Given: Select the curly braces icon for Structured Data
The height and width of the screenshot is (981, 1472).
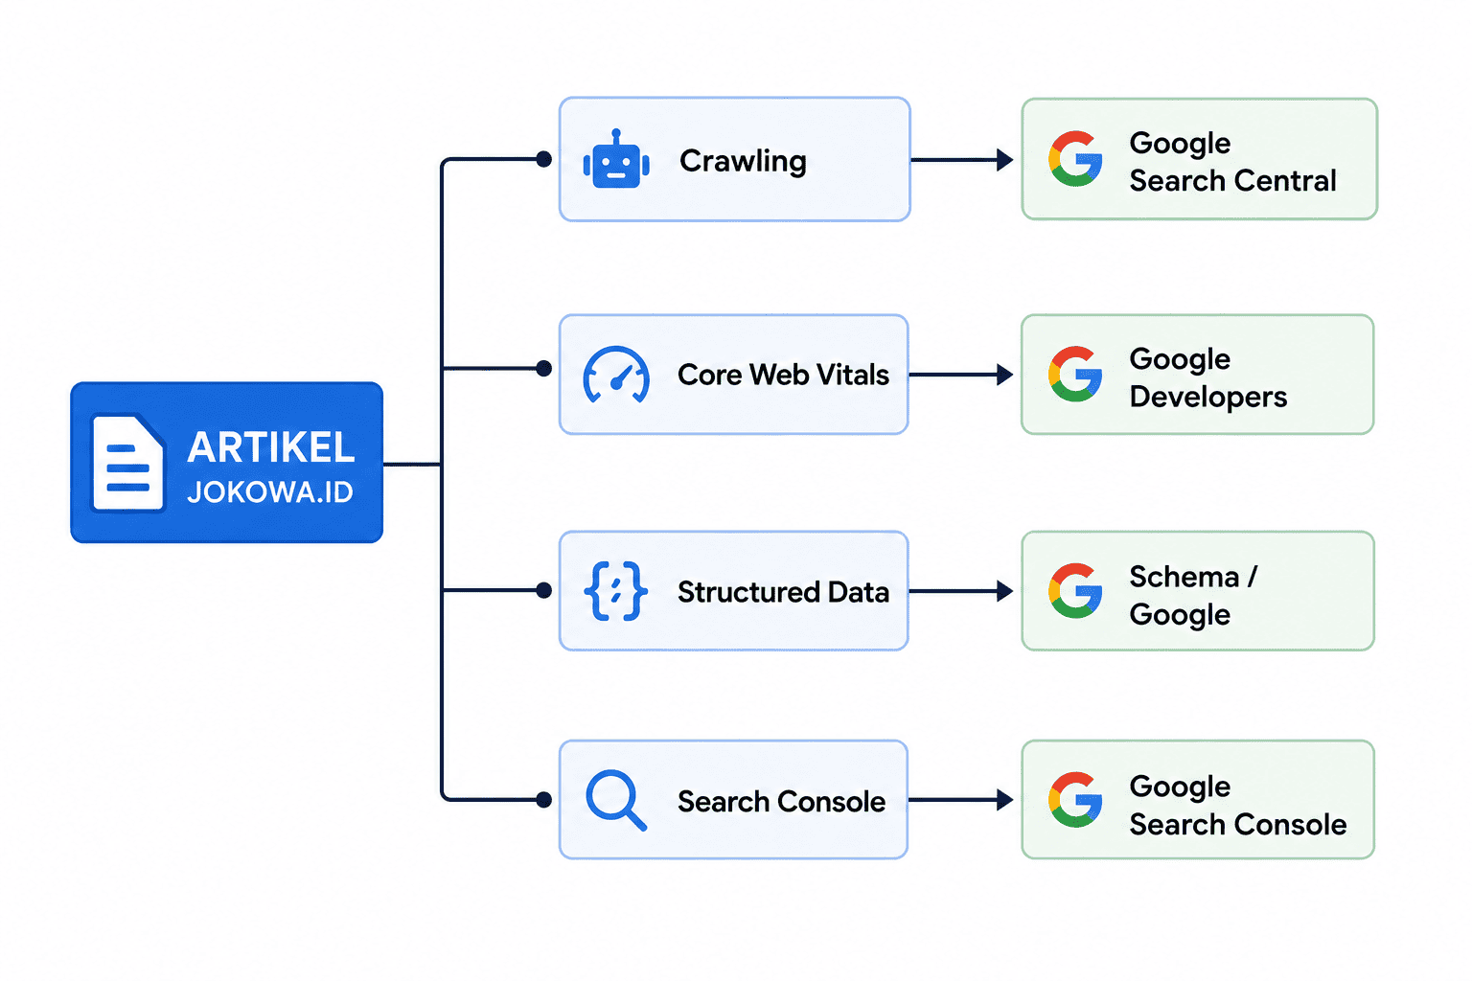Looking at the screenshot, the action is tap(616, 591).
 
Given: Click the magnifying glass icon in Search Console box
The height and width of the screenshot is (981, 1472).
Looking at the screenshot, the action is tap(616, 800).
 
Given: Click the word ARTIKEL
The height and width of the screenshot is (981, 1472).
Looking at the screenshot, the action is tap(271, 448).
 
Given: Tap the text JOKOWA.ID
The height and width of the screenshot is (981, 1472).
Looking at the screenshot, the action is tap(270, 492).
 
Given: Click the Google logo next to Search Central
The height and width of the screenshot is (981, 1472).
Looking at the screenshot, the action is tap(1075, 159).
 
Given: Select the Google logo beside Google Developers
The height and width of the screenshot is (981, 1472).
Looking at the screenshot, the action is tap(1075, 374).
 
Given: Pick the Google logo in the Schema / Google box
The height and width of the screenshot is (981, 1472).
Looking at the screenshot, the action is tap(1075, 591).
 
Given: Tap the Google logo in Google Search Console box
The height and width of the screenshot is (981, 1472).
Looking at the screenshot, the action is tap(1075, 800).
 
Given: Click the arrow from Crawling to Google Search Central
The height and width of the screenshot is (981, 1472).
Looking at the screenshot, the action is tap(962, 160).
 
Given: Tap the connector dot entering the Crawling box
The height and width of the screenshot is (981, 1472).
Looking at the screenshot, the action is tap(543, 159).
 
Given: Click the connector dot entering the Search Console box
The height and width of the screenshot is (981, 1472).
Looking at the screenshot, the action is tap(543, 800).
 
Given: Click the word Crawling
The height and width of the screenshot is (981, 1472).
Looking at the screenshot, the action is tap(743, 162).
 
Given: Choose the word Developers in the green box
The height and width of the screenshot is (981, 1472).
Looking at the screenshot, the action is tap(1207, 398).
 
